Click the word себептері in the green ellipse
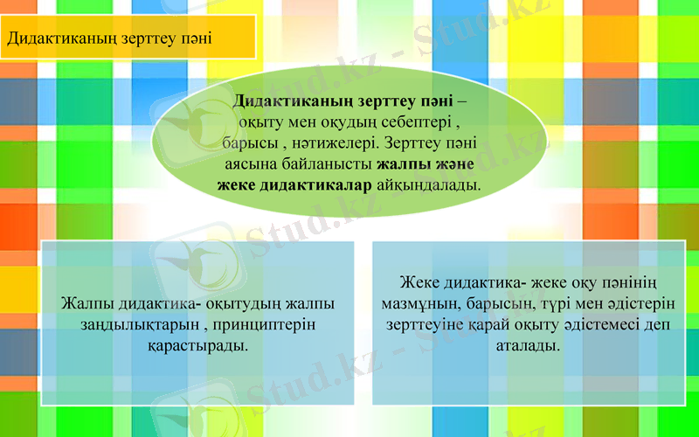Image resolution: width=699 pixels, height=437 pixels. coord(410,122)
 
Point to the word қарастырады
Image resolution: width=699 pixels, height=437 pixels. coord(197,346)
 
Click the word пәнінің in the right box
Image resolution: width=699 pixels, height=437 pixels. coord(631,283)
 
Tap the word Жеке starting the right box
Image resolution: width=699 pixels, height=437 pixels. coord(422,283)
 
